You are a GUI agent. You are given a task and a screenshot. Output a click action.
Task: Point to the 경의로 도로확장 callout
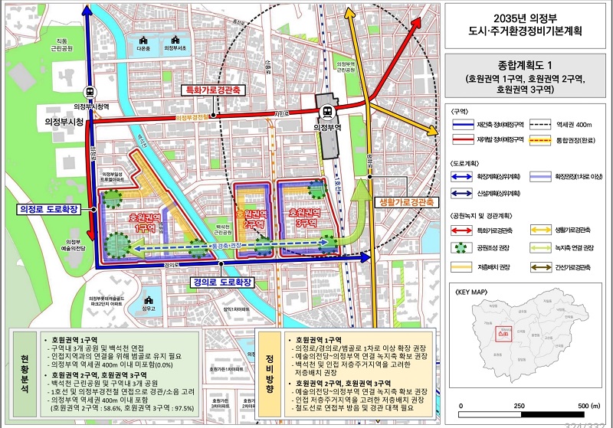click(221, 282)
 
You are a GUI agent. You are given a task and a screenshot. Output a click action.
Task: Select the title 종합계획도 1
click(526, 66)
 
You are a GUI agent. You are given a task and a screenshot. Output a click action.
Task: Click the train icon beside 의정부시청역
click(90, 92)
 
